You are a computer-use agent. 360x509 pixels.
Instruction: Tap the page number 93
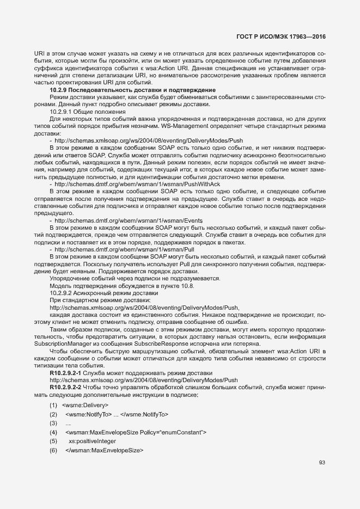pos(322,463)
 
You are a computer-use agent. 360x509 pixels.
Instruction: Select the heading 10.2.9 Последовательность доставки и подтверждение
pos(133,89)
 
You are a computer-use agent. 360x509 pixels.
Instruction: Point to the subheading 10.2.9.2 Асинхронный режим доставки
pos(96,293)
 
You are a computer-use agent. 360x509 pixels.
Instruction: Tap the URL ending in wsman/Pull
pos(136,249)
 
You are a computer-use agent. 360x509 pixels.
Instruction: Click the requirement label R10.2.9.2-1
pos(66,372)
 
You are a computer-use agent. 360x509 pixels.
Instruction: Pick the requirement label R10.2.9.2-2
pos(66,387)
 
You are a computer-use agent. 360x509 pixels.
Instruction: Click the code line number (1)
pos(53,405)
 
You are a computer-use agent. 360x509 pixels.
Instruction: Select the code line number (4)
pos(53,432)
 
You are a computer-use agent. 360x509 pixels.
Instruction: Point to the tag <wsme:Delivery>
pos(86,405)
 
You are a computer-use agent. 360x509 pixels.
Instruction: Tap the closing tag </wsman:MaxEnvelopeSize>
pos(104,450)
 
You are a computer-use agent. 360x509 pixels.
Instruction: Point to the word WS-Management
pos(212,126)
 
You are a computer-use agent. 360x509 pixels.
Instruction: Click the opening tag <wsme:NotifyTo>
pos(88,414)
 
